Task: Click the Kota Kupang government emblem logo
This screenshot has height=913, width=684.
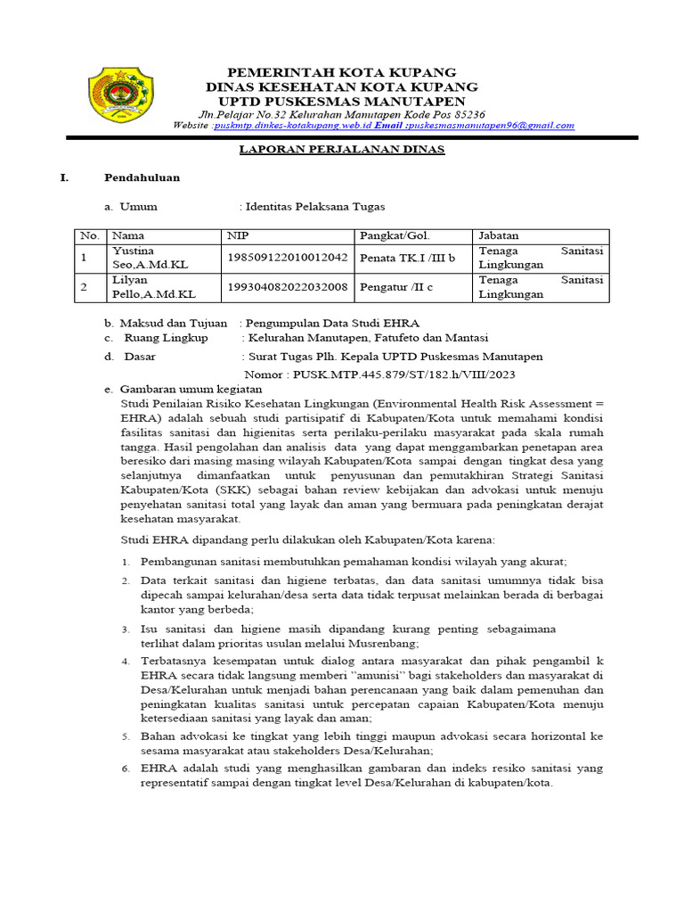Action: (x=120, y=95)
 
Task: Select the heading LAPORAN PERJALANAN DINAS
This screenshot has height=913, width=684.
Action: (x=342, y=150)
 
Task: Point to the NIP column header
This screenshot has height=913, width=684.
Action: (x=238, y=236)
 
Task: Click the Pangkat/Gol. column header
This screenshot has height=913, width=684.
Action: (x=395, y=236)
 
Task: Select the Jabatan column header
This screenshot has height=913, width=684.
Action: (x=499, y=236)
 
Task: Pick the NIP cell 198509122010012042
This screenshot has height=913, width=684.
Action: (x=287, y=258)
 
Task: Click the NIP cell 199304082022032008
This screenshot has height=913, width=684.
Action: (x=287, y=286)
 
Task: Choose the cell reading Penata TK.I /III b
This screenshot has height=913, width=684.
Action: (x=408, y=258)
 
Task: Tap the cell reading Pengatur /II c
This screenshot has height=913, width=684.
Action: (x=396, y=286)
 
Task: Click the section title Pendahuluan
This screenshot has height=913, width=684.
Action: (x=142, y=177)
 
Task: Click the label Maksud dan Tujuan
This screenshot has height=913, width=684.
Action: (x=174, y=323)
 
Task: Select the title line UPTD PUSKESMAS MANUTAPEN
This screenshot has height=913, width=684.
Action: (x=342, y=102)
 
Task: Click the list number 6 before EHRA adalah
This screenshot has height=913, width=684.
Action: (x=126, y=768)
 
